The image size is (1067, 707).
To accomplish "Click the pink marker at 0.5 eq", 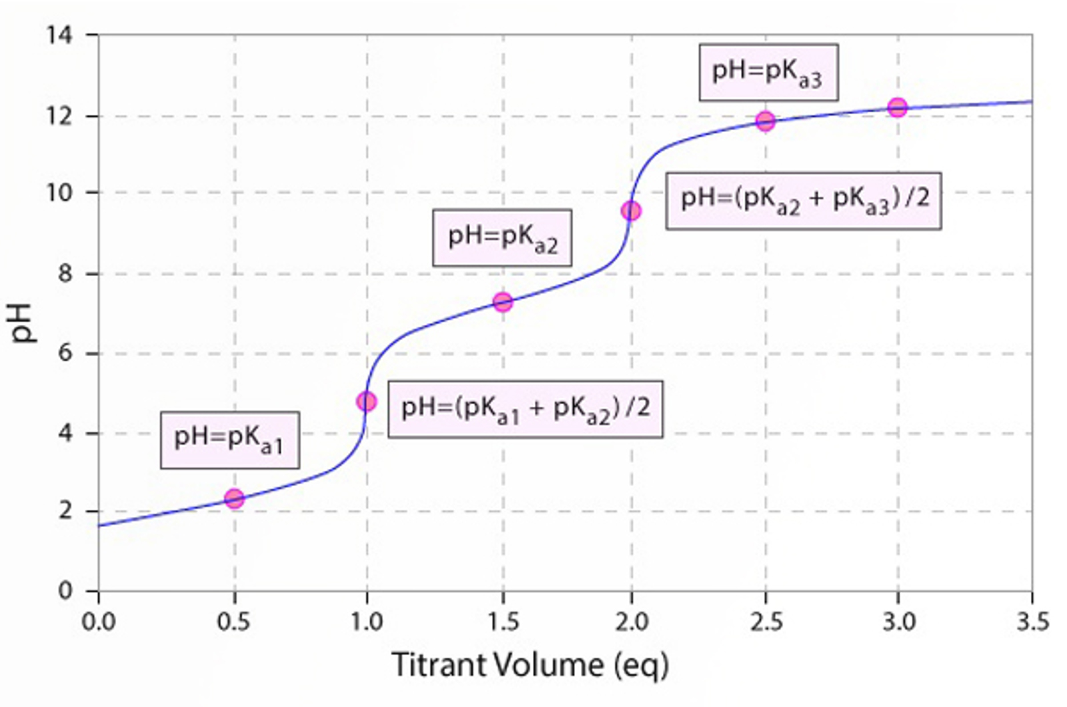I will [234, 498].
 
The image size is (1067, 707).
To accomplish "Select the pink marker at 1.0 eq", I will [366, 402].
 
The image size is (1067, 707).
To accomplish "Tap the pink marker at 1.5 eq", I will [503, 302].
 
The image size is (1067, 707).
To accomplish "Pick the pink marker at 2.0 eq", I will [631, 211].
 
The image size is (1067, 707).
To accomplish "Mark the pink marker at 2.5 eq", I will [766, 121].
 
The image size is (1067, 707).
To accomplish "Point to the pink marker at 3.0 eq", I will [898, 107].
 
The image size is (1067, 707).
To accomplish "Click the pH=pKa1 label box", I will [229, 440].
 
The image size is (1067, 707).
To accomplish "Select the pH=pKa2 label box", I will [502, 238].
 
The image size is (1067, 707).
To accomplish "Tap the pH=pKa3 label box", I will [768, 73].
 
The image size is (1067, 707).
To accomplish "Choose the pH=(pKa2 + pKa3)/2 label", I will [804, 200].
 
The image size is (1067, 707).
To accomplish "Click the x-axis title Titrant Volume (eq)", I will [530, 665].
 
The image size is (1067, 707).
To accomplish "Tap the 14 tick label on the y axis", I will [59, 35].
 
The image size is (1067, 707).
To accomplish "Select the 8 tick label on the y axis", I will [65, 273].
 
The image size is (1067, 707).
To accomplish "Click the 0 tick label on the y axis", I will [65, 590].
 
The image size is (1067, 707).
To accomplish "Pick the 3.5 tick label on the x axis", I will [1032, 622].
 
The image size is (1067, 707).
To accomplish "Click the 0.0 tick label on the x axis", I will [99, 622].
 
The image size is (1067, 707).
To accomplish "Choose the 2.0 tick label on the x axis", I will [632, 622].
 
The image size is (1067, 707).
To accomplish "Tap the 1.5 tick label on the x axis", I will [503, 622].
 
